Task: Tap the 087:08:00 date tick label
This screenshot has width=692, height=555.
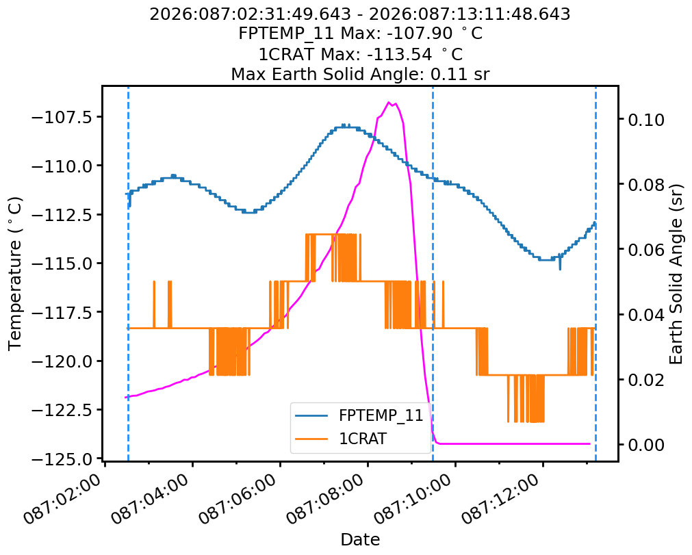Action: pyautogui.click(x=328, y=504)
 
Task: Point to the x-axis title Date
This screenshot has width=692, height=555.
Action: pyautogui.click(x=360, y=539)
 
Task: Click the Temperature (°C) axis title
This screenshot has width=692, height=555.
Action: pyautogui.click(x=15, y=273)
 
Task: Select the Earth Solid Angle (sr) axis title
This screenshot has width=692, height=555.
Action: pyautogui.click(x=676, y=273)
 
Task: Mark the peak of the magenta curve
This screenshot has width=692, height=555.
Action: pyautogui.click(x=389, y=103)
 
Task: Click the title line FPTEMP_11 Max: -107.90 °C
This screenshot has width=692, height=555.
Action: pyautogui.click(x=360, y=34)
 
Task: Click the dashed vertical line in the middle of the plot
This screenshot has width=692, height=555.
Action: pyautogui.click(x=433, y=274)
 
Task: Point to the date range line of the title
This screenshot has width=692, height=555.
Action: pyautogui.click(x=360, y=14)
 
